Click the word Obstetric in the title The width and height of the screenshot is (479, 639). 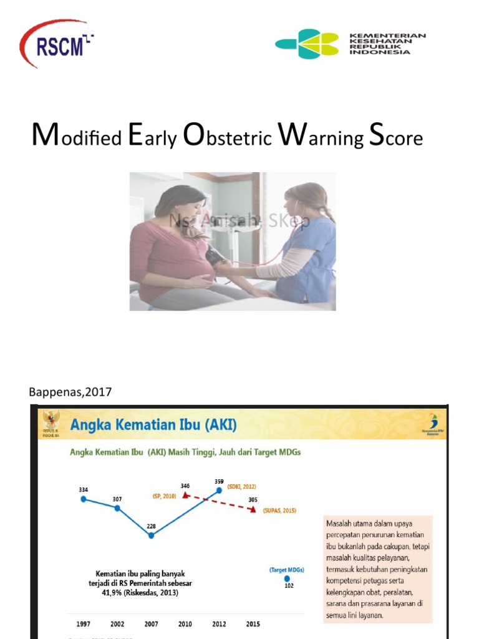pyautogui.click(x=228, y=137)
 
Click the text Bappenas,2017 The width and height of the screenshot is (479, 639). pyautogui.click(x=70, y=392)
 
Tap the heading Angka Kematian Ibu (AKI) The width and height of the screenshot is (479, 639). pyautogui.click(x=153, y=425)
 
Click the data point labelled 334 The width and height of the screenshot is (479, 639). pyautogui.click(x=84, y=499)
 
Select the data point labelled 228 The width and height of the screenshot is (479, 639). pyautogui.click(x=151, y=535)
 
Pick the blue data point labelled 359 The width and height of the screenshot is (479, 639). pyautogui.click(x=219, y=490)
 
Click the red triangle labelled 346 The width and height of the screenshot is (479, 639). pyautogui.click(x=185, y=495)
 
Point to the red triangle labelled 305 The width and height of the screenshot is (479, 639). pyautogui.click(x=253, y=509)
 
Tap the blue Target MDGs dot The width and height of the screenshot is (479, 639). pyautogui.click(x=287, y=578)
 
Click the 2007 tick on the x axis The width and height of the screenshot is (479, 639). pyautogui.click(x=151, y=624)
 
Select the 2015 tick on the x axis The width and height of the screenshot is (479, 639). pyautogui.click(x=253, y=624)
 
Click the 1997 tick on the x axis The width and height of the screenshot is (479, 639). pyautogui.click(x=83, y=624)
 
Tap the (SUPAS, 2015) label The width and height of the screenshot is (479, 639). pyautogui.click(x=279, y=510)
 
